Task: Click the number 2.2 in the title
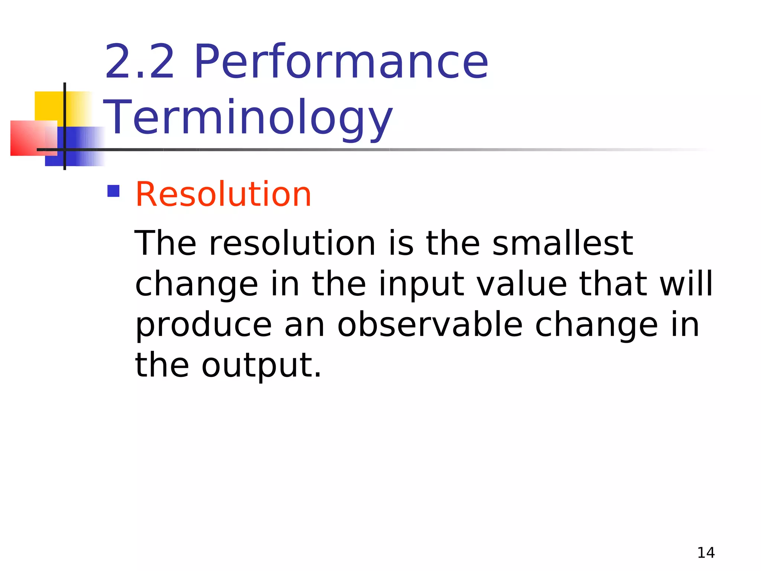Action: click(139, 62)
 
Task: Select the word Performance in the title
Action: click(341, 62)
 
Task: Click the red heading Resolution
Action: click(223, 194)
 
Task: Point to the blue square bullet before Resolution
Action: click(113, 191)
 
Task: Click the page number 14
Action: click(706, 553)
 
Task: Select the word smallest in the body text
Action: click(563, 243)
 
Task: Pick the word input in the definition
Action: click(422, 284)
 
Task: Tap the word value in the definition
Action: click(522, 284)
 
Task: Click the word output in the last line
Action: click(261, 366)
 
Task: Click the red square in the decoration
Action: click(28, 138)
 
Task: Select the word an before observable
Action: click(305, 326)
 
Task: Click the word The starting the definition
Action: click(165, 243)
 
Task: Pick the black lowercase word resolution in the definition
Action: click(292, 243)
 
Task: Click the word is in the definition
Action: click(401, 243)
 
